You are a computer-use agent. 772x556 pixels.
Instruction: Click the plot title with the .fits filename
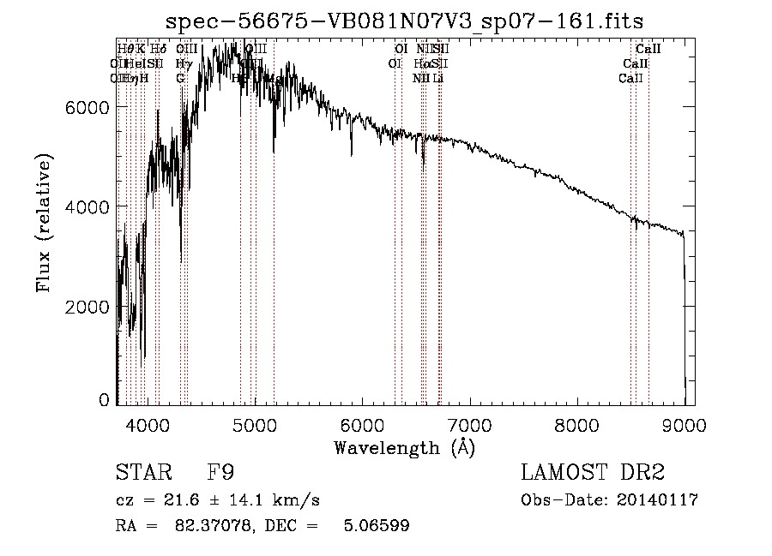click(405, 20)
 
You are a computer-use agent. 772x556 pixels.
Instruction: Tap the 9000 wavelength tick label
click(684, 423)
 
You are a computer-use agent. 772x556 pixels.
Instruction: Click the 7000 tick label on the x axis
click(469, 423)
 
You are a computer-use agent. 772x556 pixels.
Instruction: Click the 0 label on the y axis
click(105, 400)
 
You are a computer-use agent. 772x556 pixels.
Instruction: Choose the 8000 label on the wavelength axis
click(576, 423)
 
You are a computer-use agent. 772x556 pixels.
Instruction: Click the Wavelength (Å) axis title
click(404, 446)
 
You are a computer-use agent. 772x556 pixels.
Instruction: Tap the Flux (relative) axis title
click(44, 224)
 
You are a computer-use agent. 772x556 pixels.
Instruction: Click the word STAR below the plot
click(137, 473)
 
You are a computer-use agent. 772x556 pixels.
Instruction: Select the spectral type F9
click(220, 473)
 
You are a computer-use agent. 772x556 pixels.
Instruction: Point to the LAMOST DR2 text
click(593, 473)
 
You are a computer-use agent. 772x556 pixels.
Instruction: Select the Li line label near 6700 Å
click(438, 78)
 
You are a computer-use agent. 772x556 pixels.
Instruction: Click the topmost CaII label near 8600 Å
click(648, 50)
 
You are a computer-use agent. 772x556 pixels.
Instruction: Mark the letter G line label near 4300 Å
click(180, 78)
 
